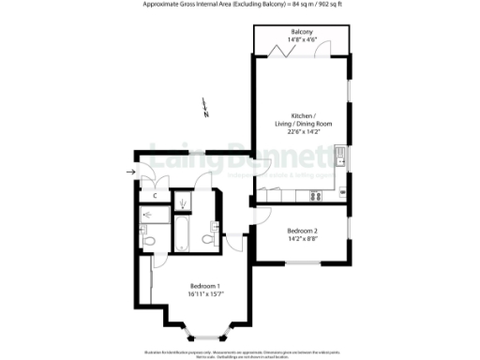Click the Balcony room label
(302, 32)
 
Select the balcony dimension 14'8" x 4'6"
(302, 39)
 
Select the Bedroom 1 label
(206, 286)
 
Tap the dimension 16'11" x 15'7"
(206, 294)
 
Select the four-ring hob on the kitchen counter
(317, 196)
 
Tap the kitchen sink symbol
(344, 158)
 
